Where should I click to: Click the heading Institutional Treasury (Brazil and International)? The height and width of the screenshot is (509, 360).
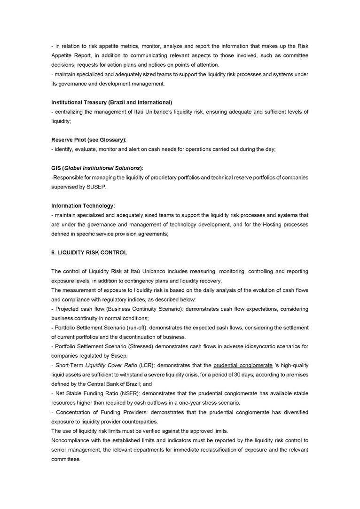pyautogui.click(x=111, y=102)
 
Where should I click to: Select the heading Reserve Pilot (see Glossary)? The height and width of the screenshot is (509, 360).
pyautogui.click(x=89, y=140)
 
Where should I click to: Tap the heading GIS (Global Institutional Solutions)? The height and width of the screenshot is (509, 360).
pyautogui.click(x=97, y=168)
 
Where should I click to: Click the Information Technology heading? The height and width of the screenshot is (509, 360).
pyautogui.click(x=83, y=205)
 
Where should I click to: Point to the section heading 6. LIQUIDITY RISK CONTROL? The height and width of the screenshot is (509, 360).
pyautogui.click(x=89, y=252)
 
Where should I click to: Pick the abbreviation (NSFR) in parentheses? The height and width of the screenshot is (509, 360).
pyautogui.click(x=131, y=393)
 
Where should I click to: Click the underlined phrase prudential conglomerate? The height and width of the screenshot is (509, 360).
pyautogui.click(x=243, y=365)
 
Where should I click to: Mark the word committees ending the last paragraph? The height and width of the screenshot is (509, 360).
pyautogui.click(x=65, y=459)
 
